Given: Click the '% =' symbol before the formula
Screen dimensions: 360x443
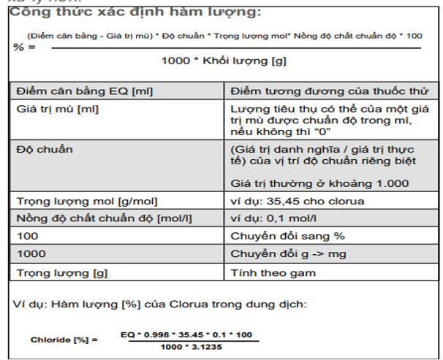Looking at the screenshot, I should pyautogui.click(x=24, y=47).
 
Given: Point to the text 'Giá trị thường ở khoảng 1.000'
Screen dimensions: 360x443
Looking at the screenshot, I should pyautogui.click(x=319, y=183).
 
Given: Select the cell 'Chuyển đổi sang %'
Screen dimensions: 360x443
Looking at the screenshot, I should pyautogui.click(x=278, y=236).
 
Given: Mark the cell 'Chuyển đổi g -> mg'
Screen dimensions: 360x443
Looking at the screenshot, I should pyautogui.click(x=281, y=253).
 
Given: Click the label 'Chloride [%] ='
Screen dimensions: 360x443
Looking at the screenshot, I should pyautogui.click(x=64, y=340).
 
